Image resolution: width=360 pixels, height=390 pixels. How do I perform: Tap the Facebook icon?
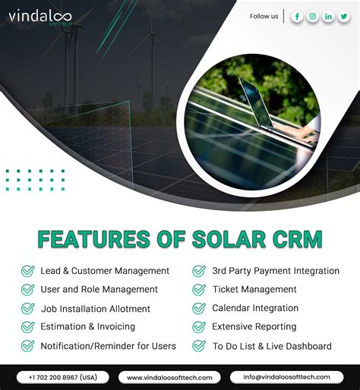pyautogui.click(x=297, y=17)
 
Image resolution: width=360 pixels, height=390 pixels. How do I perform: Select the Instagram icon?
pyautogui.click(x=313, y=17)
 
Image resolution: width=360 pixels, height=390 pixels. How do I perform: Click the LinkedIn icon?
pyautogui.click(x=328, y=17)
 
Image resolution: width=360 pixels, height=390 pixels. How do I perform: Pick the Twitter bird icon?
pyautogui.click(x=344, y=17)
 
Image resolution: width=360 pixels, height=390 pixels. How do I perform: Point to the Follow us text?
pyautogui.click(x=264, y=17)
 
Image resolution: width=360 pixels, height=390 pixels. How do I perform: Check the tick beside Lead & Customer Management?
pyautogui.click(x=27, y=271)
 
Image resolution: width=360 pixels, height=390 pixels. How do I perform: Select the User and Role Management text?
pyautogui.click(x=99, y=289)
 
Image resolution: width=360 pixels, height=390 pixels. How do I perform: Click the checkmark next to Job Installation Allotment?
pyautogui.click(x=27, y=309)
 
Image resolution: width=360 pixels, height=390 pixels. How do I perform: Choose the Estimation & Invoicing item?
pyautogui.click(x=87, y=327)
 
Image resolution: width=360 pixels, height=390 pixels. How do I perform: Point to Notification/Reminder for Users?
pyautogui.click(x=108, y=346)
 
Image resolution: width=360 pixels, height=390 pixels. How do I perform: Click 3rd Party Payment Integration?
pyautogui.click(x=276, y=271)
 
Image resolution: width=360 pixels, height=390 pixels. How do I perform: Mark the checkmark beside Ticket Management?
pyautogui.click(x=199, y=289)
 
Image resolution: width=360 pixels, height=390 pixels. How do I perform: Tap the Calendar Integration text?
pyautogui.click(x=255, y=308)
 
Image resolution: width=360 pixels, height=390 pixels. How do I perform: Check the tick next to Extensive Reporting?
pyautogui.click(x=199, y=327)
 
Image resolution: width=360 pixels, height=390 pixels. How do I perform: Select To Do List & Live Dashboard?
pyautogui.click(x=272, y=346)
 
